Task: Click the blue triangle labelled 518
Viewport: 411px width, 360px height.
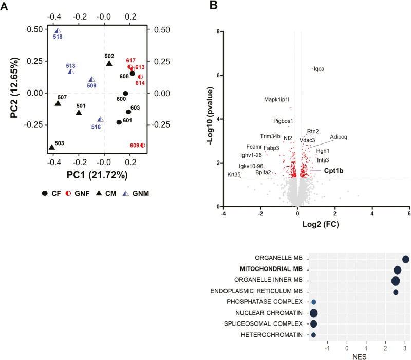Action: click(x=58, y=31)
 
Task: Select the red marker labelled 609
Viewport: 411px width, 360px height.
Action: click(x=143, y=146)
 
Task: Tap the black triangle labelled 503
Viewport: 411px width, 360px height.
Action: click(x=51, y=147)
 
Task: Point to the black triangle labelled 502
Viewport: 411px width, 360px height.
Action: click(x=109, y=63)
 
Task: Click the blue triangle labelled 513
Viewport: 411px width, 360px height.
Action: click(x=71, y=71)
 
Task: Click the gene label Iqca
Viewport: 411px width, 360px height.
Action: click(x=319, y=69)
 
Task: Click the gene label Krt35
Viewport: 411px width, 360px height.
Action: click(x=234, y=175)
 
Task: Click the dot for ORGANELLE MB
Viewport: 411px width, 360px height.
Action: click(x=406, y=259)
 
